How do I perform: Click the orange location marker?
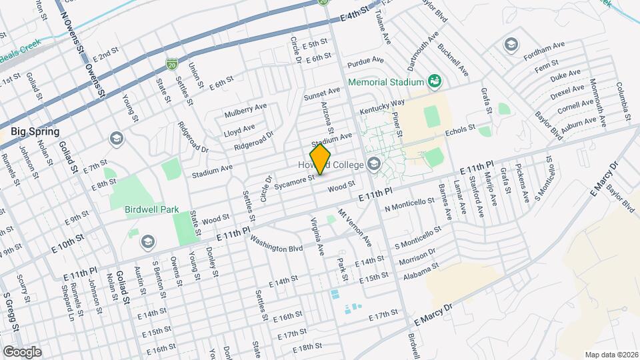321,159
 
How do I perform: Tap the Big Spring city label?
35,131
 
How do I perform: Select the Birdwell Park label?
151,209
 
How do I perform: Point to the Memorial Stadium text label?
386,82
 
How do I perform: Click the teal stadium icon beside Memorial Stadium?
435,81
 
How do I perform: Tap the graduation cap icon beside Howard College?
373,164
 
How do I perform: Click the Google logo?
22,352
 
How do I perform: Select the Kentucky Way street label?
383,107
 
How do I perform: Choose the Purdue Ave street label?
366,60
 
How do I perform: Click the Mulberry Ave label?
245,109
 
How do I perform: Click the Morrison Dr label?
417,255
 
